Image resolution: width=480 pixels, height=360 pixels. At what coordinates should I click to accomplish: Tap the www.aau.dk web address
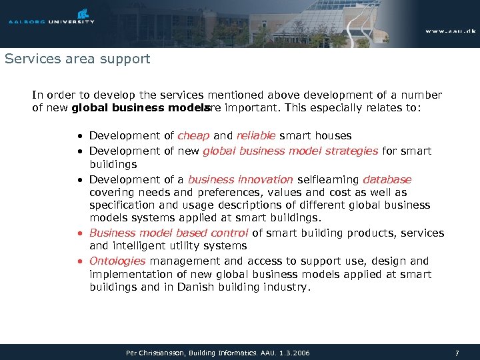[451, 31]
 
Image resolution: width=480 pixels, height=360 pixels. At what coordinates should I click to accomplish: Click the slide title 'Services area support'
[77, 59]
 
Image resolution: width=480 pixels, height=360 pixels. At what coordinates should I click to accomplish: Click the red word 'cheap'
[193, 136]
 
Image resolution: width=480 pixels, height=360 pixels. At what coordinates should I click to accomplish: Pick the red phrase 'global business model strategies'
[290, 151]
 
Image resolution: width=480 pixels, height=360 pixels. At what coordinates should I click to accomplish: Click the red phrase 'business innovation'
[240, 179]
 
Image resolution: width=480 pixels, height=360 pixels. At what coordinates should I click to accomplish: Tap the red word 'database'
[387, 179]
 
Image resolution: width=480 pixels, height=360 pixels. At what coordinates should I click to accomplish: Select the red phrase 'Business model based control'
[169, 233]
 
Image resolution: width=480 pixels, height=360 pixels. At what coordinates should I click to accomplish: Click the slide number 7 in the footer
[457, 352]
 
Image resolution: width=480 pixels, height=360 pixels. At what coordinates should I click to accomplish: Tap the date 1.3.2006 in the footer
[294, 352]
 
